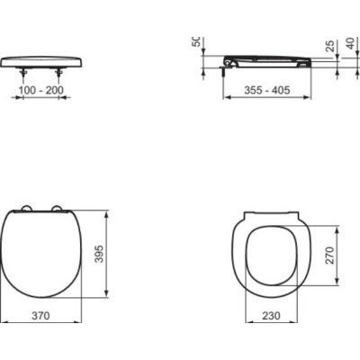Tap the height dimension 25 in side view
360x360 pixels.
pyautogui.click(x=329, y=45)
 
